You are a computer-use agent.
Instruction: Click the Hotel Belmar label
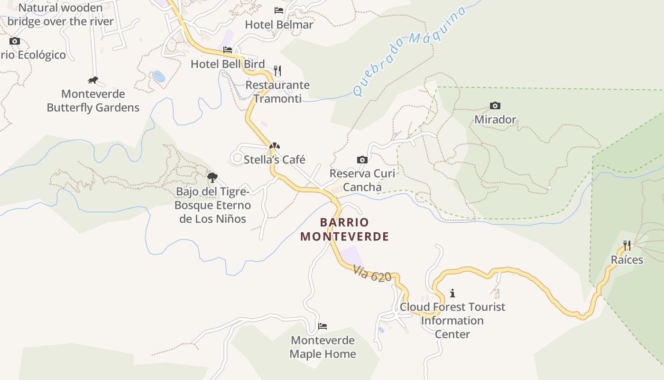279,24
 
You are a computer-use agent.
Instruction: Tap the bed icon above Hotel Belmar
279,10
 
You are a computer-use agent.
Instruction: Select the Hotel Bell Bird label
228,64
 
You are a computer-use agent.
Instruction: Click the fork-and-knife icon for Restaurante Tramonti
277,71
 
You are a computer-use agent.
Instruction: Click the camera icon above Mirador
495,105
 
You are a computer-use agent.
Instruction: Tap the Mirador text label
495,119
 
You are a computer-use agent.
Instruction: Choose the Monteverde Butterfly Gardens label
93,101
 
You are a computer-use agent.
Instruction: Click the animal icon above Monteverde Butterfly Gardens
93,80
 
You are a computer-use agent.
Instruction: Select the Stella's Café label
274,160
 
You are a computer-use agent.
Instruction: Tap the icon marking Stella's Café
274,146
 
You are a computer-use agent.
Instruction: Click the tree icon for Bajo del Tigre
212,178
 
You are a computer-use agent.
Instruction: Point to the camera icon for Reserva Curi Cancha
362,160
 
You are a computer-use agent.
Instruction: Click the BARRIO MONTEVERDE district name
344,229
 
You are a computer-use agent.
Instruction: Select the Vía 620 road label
372,274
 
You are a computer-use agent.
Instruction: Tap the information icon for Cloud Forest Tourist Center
452,293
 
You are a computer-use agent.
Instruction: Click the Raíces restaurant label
627,260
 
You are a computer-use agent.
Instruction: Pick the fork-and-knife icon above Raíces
627,246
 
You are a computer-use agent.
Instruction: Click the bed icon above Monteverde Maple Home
323,326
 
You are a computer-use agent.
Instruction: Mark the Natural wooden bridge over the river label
61,15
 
